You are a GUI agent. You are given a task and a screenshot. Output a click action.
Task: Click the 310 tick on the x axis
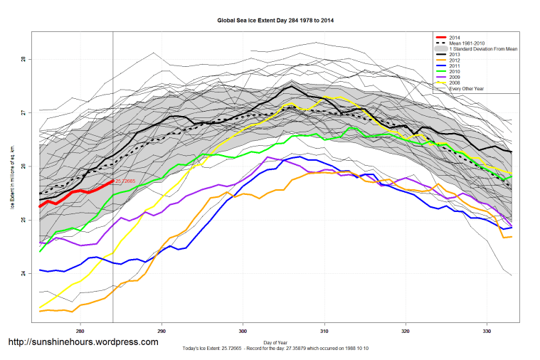coord(324,330)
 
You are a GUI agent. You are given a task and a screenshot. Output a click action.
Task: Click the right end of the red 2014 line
coord(112,182)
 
